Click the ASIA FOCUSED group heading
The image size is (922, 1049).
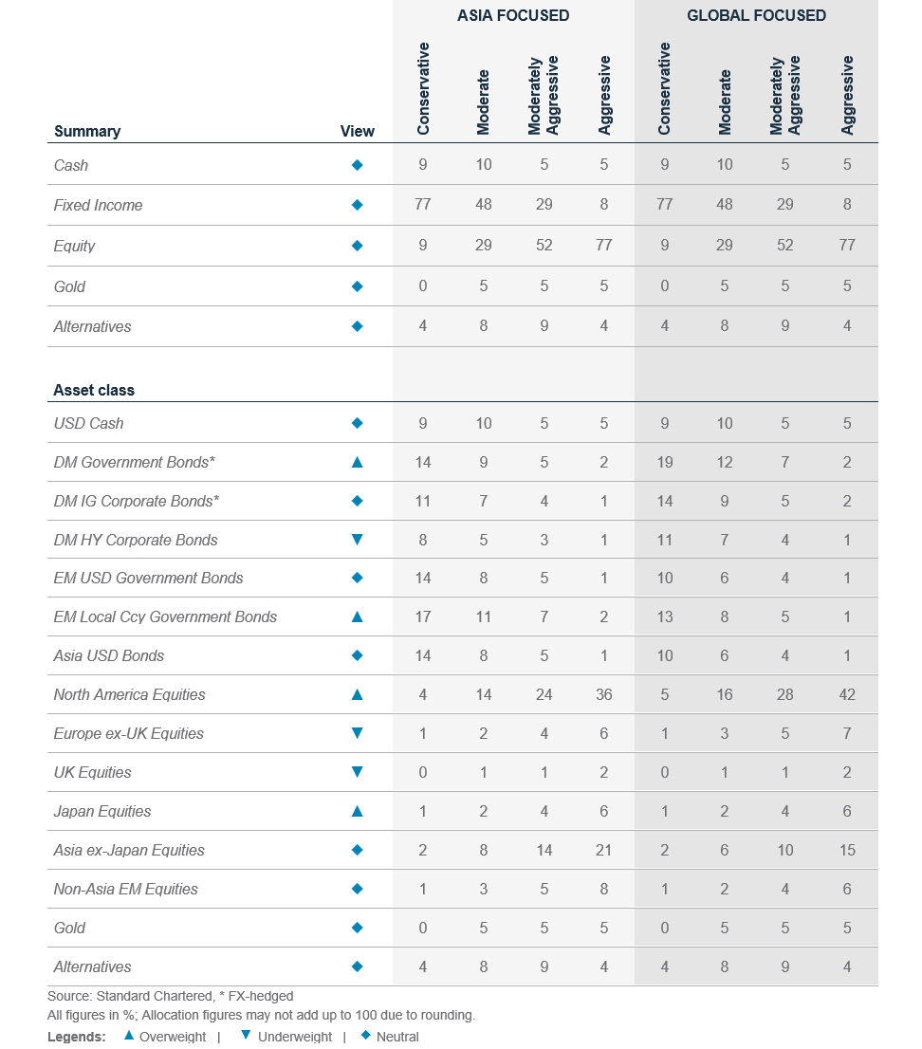513,15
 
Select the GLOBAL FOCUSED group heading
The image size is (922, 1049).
756,15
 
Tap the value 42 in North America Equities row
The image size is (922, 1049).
847,694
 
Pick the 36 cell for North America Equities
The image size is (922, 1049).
603,694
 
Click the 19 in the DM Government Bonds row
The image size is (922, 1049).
664,462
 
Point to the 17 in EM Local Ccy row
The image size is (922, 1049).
423,617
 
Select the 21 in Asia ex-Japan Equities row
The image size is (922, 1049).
603,850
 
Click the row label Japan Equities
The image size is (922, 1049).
102,812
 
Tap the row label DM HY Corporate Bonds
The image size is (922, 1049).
136,540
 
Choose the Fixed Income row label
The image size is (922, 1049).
99,206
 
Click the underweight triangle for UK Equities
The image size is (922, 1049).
358,772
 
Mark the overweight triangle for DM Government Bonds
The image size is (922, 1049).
358,462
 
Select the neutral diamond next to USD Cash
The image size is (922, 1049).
358,423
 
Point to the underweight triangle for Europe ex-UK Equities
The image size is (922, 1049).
358,733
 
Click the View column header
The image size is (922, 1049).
358,131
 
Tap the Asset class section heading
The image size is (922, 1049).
94,390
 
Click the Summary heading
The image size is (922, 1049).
87,131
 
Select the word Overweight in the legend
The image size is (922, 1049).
173,1037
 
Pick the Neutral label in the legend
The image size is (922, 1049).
397,1037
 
